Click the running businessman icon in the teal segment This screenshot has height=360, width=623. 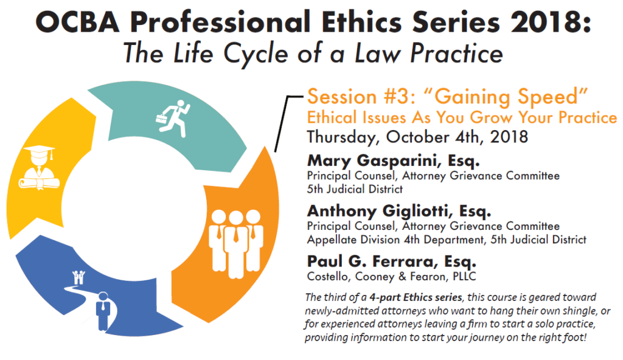pyautogui.click(x=173, y=119)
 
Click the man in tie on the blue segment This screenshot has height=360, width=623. pyautogui.click(x=103, y=311)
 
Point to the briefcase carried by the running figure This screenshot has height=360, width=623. pyautogui.click(x=161, y=119)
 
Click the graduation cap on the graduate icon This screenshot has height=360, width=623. pyautogui.click(x=39, y=153)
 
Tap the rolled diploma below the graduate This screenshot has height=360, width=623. pyautogui.click(x=39, y=184)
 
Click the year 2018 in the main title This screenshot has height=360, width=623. pyautogui.click(x=550, y=21)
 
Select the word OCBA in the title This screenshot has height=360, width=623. pyautogui.click(x=77, y=21)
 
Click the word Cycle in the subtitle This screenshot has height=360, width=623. pyautogui.click(x=256, y=54)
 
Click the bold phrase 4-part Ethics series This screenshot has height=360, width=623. pyautogui.click(x=416, y=297)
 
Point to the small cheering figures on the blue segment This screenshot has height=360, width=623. pyautogui.click(x=78, y=277)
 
